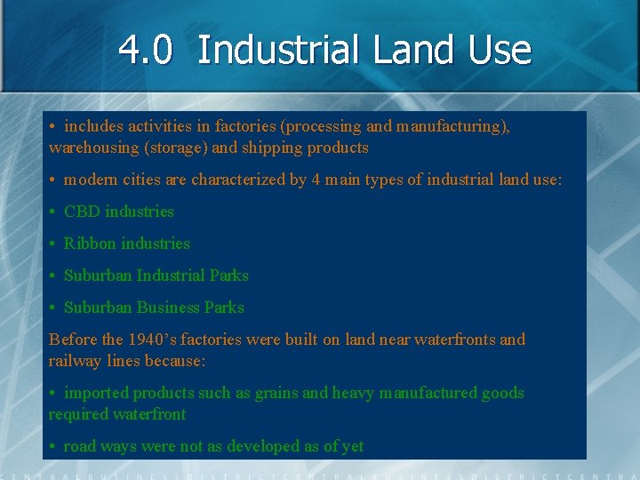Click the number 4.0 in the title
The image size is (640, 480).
coord(145,51)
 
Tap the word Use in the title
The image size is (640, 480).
coord(496,51)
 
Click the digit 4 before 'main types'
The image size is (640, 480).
coord(316,180)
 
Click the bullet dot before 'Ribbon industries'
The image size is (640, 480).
coord(53,244)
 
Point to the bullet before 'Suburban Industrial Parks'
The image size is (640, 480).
coord(53,276)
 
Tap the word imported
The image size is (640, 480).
coord(95,393)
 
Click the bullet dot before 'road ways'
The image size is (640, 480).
coord(53,446)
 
